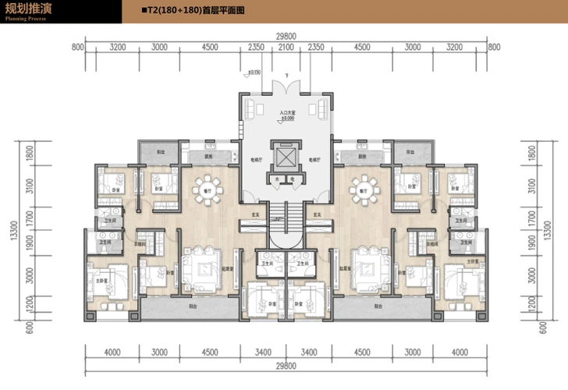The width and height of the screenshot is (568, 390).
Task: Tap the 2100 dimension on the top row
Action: (x=286, y=48)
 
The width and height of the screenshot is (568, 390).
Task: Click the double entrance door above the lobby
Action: (x=286, y=86)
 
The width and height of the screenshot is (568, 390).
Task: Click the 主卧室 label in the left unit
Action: (x=101, y=280)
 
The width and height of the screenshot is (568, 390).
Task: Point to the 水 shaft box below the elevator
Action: (x=277, y=179)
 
